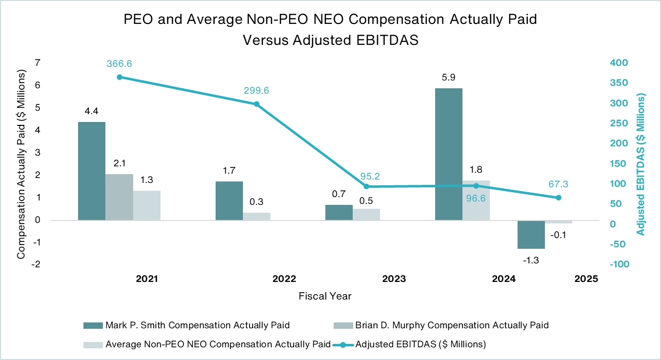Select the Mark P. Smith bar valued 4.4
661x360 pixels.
[x=91, y=171]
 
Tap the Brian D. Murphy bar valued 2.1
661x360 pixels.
[x=119, y=197]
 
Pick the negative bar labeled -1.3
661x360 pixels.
[x=531, y=235]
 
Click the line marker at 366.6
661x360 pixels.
[x=120, y=77]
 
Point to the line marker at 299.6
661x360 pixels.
[x=257, y=104]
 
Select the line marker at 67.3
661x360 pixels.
[x=559, y=198]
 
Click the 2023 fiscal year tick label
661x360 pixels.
[x=394, y=280]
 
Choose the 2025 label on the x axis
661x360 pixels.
[x=586, y=280]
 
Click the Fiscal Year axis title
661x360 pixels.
[x=325, y=296]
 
